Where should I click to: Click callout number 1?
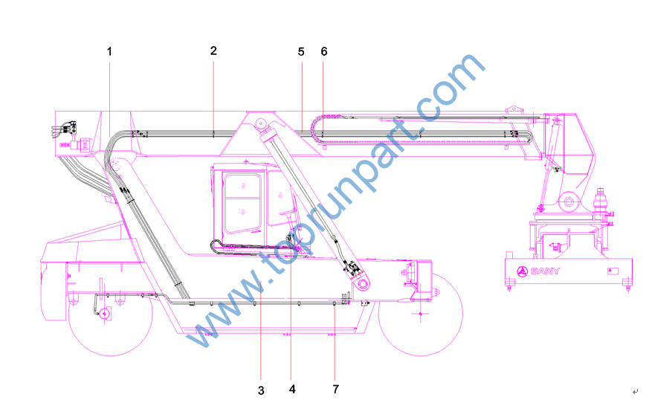[x=109, y=52]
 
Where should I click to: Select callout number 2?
[x=213, y=51]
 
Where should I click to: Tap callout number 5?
[x=301, y=52]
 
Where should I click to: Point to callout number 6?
[x=324, y=52]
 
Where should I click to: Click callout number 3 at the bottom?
[x=261, y=390]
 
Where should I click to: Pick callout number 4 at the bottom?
[x=292, y=390]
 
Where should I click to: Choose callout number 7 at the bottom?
[x=335, y=390]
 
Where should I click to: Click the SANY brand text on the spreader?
[x=545, y=271]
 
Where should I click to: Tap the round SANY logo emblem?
[x=522, y=271]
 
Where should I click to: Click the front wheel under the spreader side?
[x=421, y=315]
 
